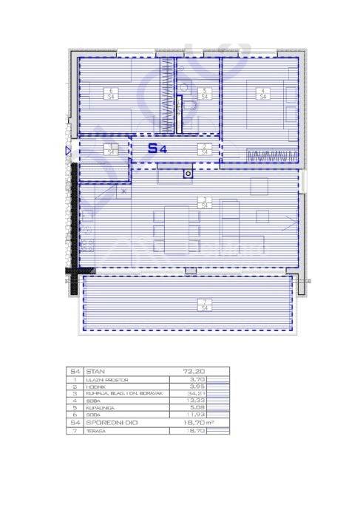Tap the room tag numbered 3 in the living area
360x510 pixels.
[x=202, y=202]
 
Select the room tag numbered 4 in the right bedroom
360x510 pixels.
[x=261, y=94]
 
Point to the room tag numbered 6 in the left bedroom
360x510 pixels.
[x=110, y=94]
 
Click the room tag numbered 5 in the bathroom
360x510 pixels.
[x=204, y=94]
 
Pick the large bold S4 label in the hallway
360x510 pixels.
[x=157, y=148]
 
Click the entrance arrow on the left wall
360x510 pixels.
[x=68, y=152]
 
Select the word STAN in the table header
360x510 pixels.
[x=95, y=372]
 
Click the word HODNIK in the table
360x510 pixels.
[x=95, y=387]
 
